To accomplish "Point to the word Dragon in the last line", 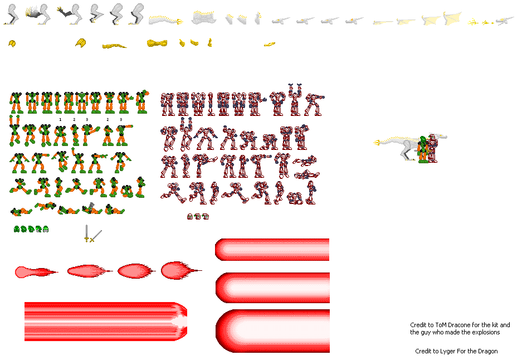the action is (488, 352).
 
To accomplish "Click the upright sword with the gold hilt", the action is (86, 233).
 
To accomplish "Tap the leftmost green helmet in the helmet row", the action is (16, 229).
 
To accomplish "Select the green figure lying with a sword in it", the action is (91, 208).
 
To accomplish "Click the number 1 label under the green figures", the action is (60, 119).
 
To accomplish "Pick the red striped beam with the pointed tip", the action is (106, 322).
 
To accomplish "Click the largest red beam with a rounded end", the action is (272, 331).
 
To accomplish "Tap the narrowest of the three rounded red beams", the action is (272, 250).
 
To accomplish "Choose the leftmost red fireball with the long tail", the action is (36, 272).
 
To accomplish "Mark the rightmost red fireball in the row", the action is (181, 270).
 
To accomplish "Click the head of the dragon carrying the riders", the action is (440, 137).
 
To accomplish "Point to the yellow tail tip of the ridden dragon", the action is (377, 143).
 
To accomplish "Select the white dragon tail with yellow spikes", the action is (166, 20).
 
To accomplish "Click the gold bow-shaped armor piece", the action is (157, 43).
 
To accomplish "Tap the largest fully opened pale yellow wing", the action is (452, 18).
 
